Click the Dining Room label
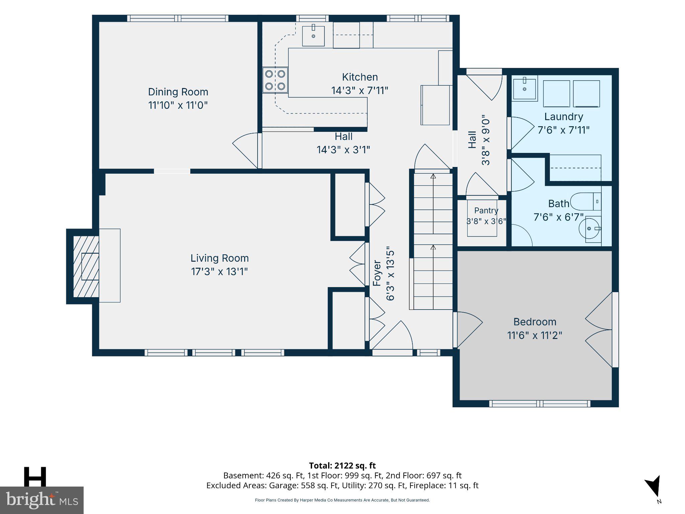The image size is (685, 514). (x=178, y=92)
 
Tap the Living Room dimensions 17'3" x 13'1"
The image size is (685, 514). (x=219, y=271)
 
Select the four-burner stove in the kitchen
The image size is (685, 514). (x=275, y=80)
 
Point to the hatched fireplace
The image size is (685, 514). (x=86, y=266)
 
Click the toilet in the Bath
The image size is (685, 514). (x=585, y=201)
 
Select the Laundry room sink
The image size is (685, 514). (x=524, y=88)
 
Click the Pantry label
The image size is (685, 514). (x=486, y=210)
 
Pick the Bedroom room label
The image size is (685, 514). (x=535, y=322)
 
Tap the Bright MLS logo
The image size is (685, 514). (x=42, y=500)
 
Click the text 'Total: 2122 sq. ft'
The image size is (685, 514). (x=342, y=465)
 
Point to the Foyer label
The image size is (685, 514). (x=377, y=273)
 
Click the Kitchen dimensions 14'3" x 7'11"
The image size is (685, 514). (x=360, y=90)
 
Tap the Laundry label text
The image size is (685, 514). (x=564, y=117)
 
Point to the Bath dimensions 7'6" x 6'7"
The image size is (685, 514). (x=559, y=217)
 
